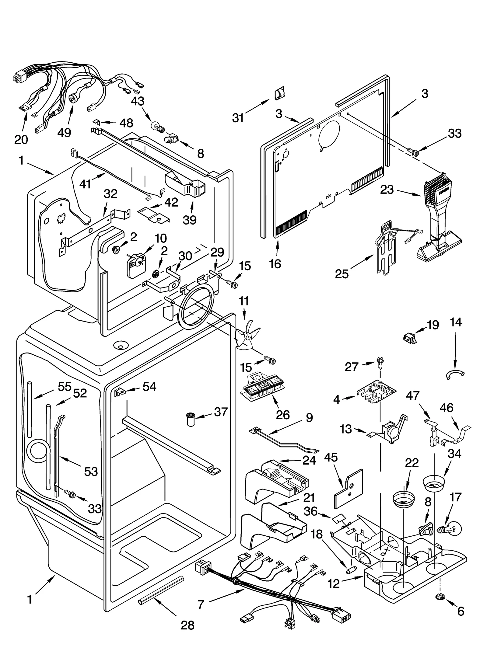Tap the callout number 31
[238, 117]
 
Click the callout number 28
[187, 625]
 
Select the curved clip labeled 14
[455, 374]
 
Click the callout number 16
[275, 264]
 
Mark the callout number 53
[91, 471]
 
